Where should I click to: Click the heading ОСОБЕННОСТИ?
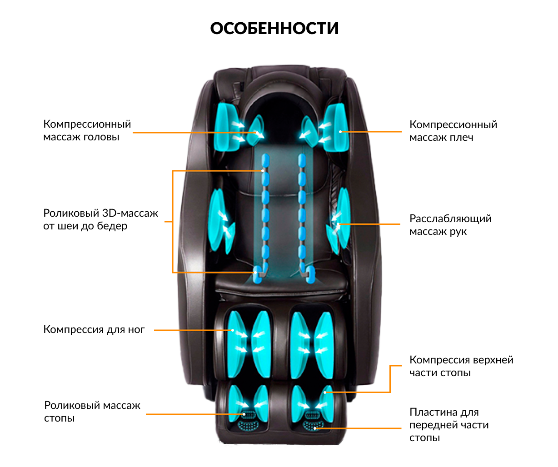[x=274, y=28]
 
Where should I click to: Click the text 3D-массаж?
[x=130, y=213]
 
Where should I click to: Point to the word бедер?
[x=112, y=226]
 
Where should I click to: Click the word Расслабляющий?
[x=451, y=219]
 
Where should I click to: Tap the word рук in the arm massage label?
[x=458, y=232]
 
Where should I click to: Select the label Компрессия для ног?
[x=94, y=330]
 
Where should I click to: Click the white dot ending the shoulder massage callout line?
[x=340, y=132]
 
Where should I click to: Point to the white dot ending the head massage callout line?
[x=257, y=133]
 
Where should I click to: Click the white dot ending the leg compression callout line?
[x=233, y=330]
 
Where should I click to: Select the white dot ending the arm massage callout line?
[x=338, y=224]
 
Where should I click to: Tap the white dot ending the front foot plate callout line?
[x=315, y=428]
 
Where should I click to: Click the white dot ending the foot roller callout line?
[x=244, y=414]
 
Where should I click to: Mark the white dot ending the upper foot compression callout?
[x=325, y=392]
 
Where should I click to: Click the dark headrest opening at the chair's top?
[x=279, y=118]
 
